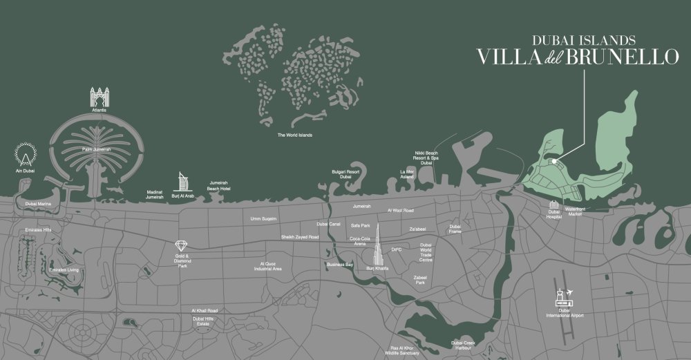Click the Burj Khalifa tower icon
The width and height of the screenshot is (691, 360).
[379, 245]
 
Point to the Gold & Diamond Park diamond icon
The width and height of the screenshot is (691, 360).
[182, 245]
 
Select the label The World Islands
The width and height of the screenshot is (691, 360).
[294, 135]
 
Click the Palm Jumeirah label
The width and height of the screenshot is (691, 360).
[97, 149]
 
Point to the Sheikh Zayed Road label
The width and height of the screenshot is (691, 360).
[300, 237]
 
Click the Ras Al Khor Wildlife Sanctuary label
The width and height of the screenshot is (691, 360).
[405, 350]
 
